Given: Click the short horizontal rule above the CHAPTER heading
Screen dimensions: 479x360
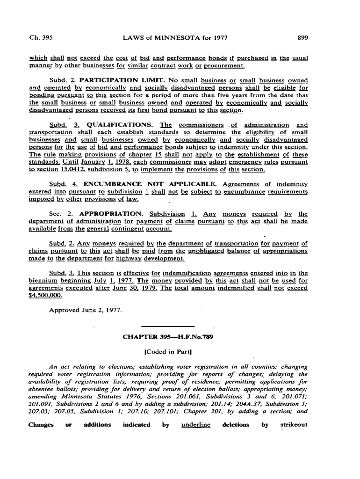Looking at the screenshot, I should pyautogui.click(x=167, y=326).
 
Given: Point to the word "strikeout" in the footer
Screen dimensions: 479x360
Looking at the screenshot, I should pyautogui.click(x=294, y=425).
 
